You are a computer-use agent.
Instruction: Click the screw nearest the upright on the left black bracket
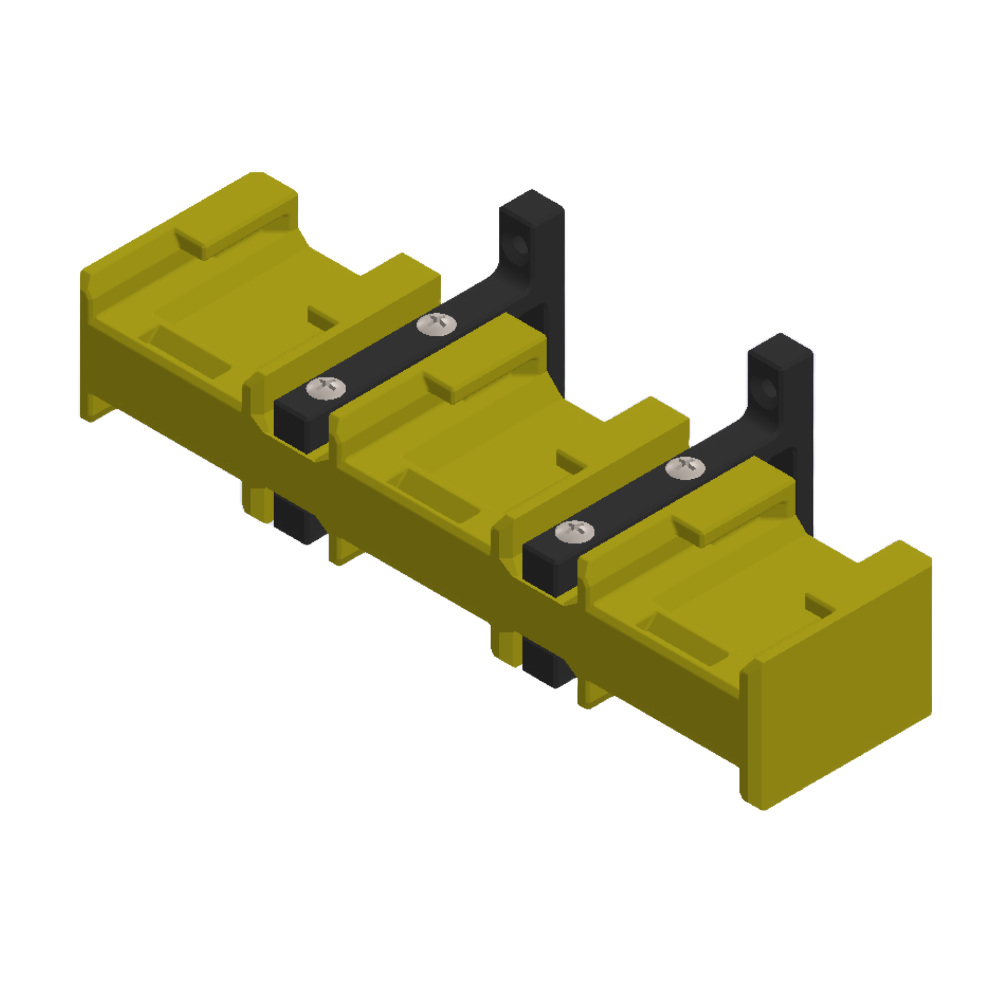pos(436,324)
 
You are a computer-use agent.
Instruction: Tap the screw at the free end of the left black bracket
pos(325,389)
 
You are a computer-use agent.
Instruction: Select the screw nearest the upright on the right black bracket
pos(686,468)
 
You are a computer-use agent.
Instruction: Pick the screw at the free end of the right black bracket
pos(575,532)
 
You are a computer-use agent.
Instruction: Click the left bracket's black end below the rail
pos(295,520)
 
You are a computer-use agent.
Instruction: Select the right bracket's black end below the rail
pos(543,665)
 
